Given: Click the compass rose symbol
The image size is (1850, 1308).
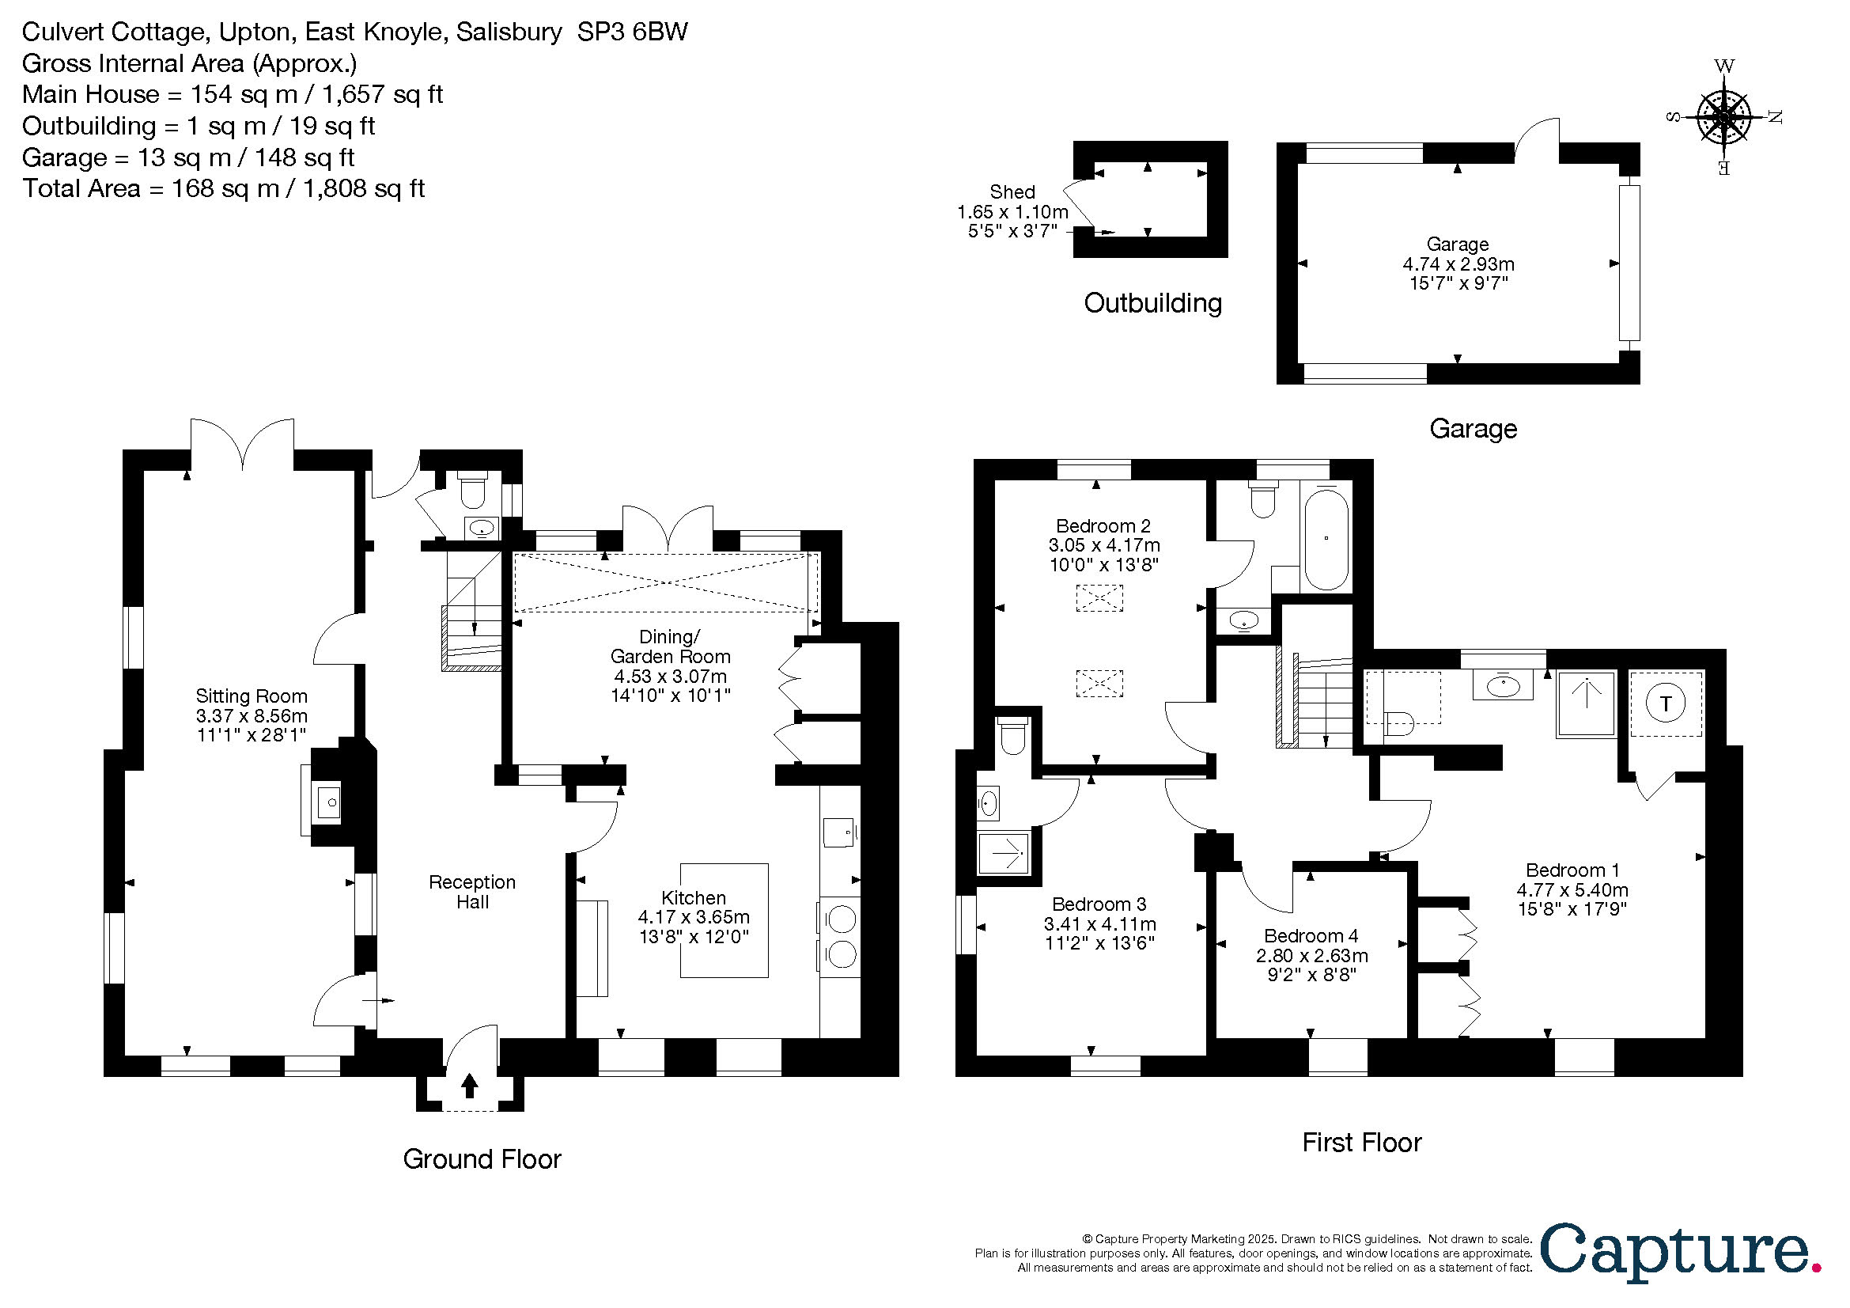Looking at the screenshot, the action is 1723,118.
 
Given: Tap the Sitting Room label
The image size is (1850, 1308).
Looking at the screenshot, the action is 252,696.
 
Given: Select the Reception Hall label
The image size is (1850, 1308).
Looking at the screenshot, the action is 472,892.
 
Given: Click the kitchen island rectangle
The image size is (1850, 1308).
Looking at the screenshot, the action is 724,920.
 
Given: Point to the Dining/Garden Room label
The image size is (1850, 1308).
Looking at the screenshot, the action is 671,646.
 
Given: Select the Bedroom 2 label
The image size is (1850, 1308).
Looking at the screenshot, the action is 1103,526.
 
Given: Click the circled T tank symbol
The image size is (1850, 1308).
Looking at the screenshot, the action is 1666,704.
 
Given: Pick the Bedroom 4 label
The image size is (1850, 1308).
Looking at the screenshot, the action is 1311,935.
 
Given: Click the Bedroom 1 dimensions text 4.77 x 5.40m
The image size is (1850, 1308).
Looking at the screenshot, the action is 1572,889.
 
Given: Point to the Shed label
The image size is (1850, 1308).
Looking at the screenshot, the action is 1012,191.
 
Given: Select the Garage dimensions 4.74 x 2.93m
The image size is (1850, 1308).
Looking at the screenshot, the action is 1458,263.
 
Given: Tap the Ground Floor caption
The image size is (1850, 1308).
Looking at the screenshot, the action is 482,1159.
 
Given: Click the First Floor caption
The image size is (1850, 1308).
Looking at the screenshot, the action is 1362,1142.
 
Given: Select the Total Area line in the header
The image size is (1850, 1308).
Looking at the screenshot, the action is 223,188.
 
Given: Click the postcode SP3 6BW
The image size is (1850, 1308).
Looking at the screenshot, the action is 633,32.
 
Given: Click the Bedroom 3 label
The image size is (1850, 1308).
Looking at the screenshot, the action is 1099,904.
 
